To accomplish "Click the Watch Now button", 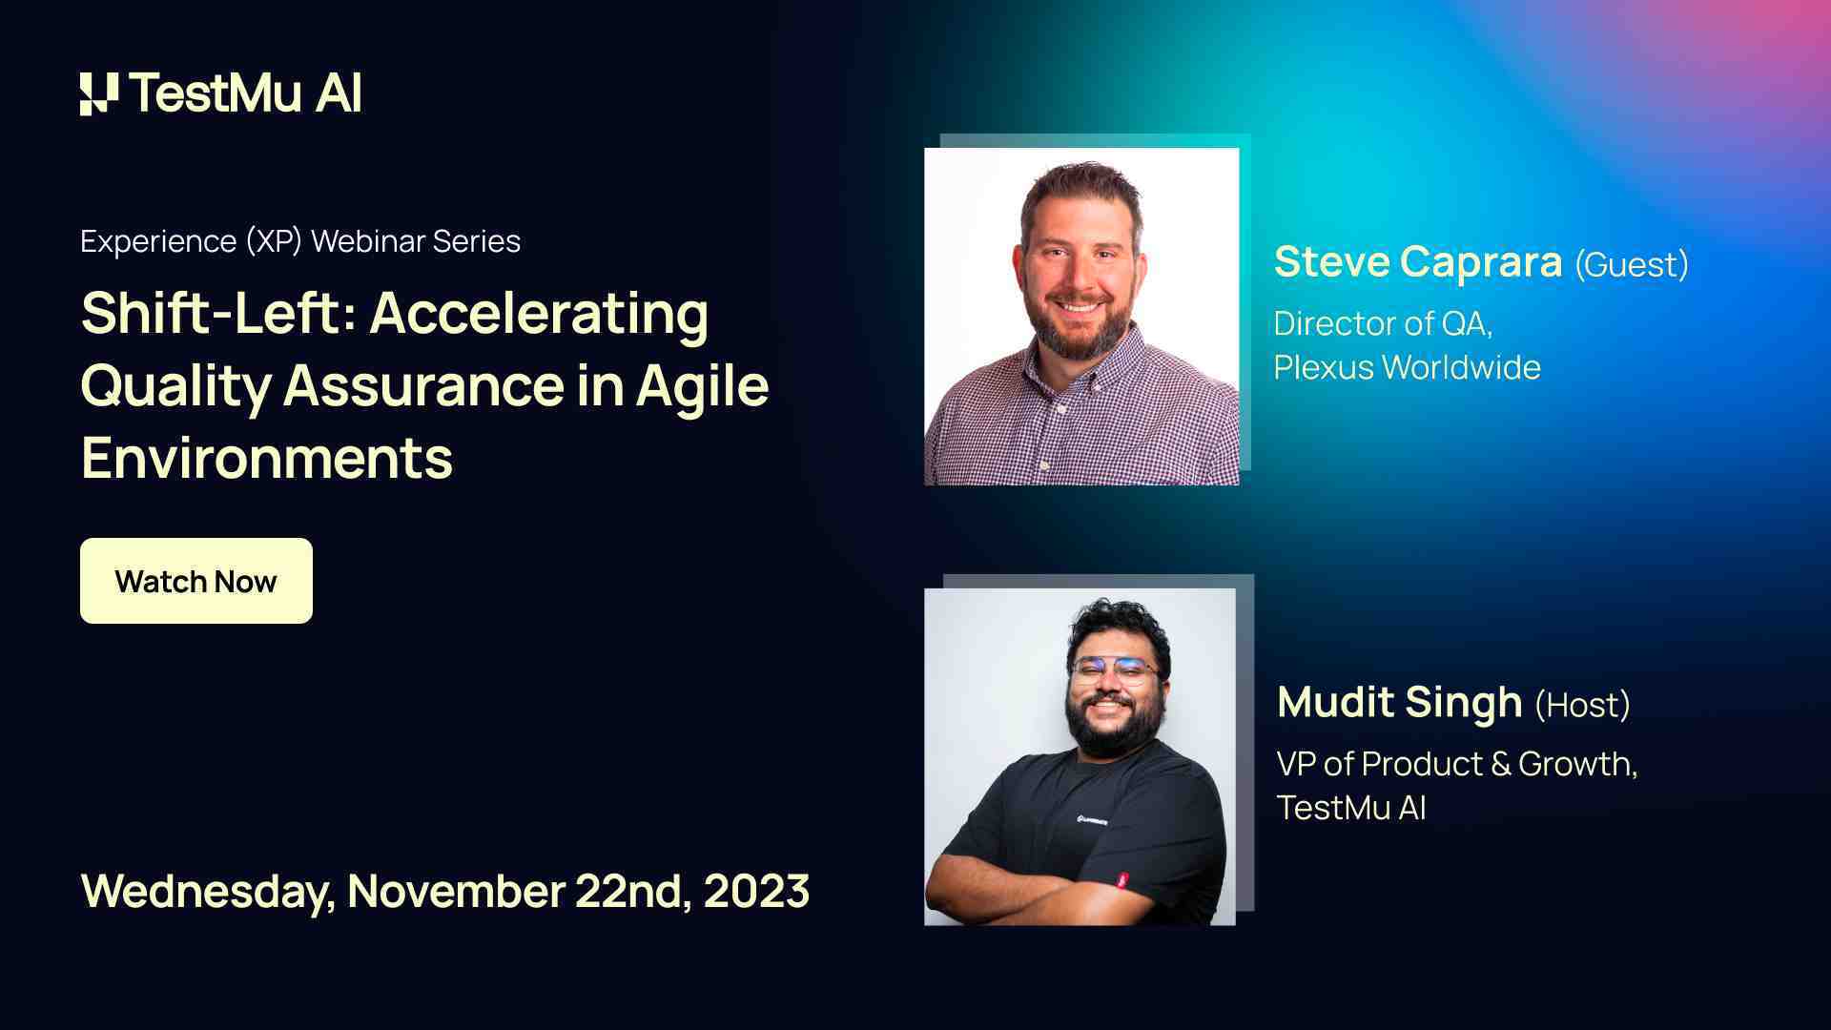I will pos(195,581).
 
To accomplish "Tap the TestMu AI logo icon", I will pos(98,93).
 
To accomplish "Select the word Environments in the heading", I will pos(267,459).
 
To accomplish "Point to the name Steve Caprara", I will pos(1417,262).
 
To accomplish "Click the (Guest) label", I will pos(1631,264).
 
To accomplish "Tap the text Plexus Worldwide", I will pos(1407,367).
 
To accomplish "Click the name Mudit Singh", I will pos(1399,703).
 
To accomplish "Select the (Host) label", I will pos(1582,705).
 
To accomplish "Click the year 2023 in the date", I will pos(756,891).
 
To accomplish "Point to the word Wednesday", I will pos(207,891).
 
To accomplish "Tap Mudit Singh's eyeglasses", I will pos(1114,670).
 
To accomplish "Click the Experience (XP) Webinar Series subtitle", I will pos(300,241).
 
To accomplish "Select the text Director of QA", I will pos(1382,324).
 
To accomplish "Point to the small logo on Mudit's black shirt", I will pos(1092,819).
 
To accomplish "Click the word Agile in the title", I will pos(702,386).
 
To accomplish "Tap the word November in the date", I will pos(456,891).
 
